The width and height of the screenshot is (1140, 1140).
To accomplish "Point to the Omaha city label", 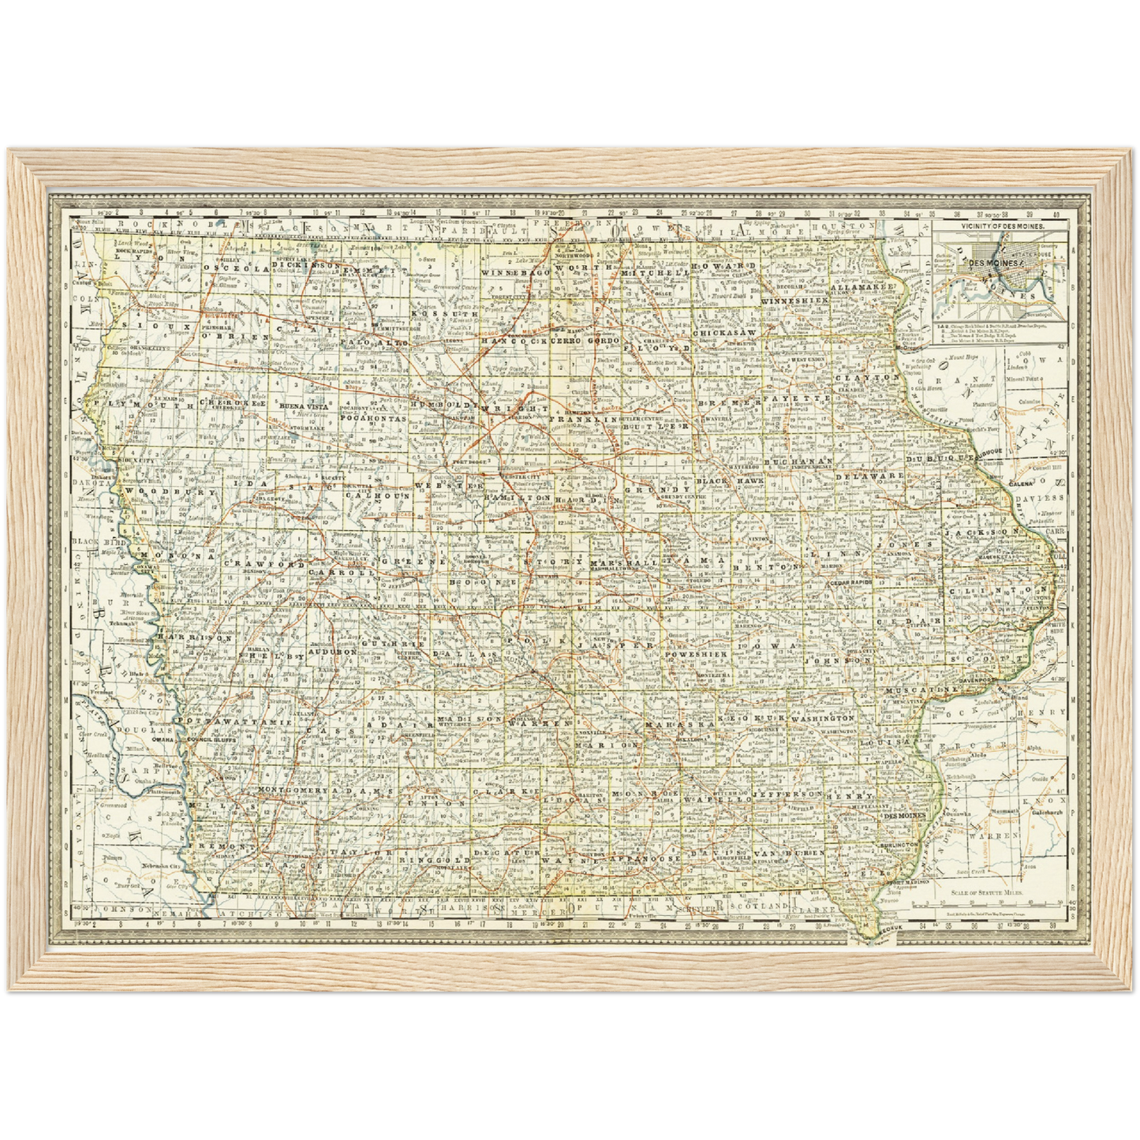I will (163, 740).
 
